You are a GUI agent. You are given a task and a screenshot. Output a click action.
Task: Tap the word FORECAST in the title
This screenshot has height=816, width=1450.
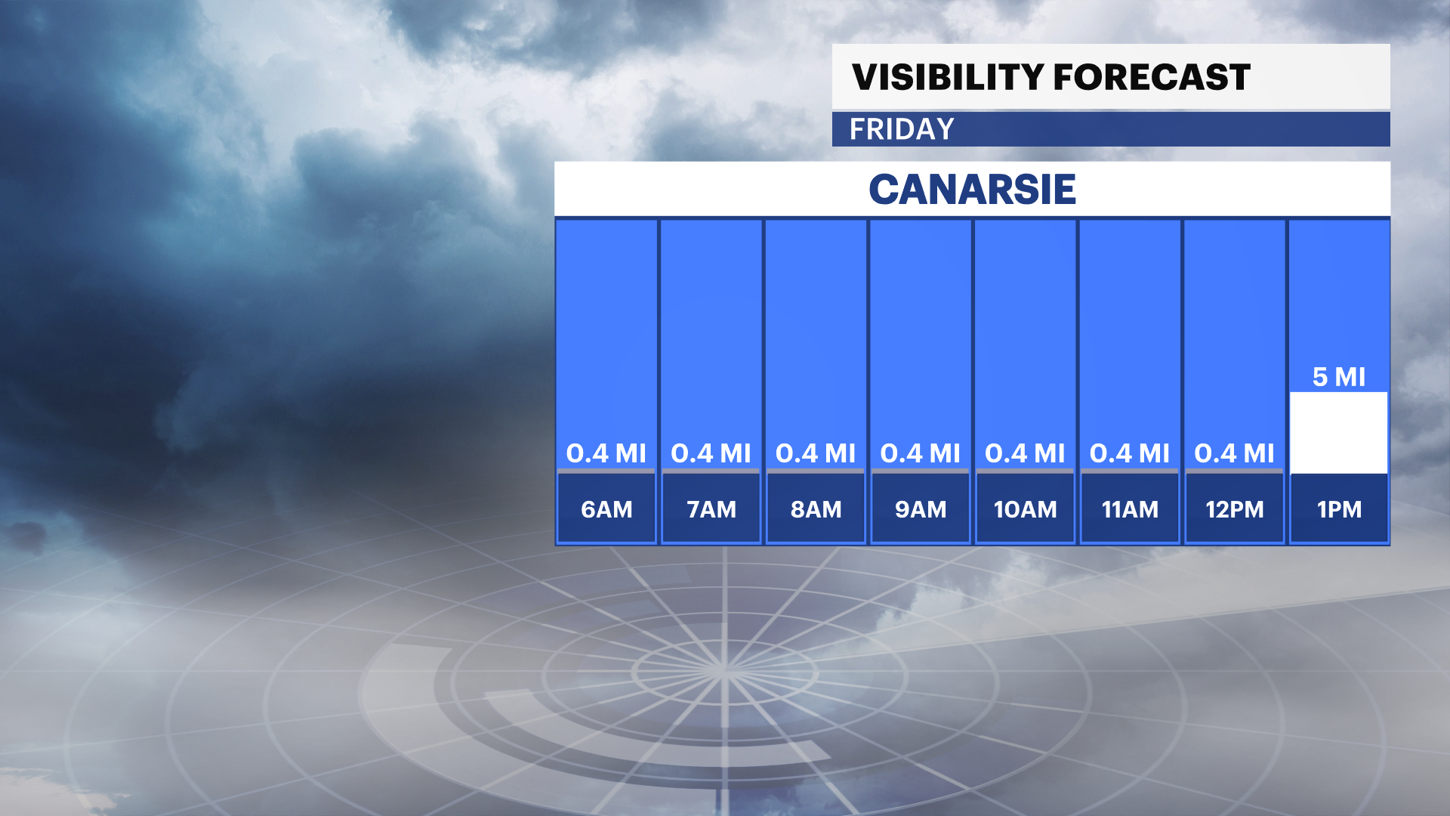[x=1152, y=77]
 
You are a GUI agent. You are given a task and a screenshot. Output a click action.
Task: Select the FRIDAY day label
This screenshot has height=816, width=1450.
[x=902, y=129]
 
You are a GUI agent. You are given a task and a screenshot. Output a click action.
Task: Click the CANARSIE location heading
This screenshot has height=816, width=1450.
[x=973, y=189]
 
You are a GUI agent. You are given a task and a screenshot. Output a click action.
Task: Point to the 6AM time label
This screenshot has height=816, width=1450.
[x=606, y=509]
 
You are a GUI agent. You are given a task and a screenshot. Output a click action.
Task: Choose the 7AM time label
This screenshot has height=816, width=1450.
[x=711, y=509]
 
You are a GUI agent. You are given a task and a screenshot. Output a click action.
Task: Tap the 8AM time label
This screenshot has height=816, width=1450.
[x=816, y=509]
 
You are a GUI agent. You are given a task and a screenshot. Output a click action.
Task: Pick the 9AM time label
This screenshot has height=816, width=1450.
[x=921, y=509]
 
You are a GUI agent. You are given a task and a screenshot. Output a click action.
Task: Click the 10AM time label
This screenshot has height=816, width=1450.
[x=1025, y=509]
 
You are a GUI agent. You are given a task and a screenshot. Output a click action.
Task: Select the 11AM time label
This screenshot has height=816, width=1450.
[x=1130, y=509]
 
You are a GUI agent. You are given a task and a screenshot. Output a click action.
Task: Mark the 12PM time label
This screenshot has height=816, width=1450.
[x=1235, y=509]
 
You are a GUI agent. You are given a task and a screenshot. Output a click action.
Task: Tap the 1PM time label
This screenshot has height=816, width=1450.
[x=1339, y=509]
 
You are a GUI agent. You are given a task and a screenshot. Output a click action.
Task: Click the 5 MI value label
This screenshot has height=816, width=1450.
[x=1339, y=376]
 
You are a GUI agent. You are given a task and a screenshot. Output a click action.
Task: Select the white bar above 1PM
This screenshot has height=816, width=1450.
[x=1339, y=433]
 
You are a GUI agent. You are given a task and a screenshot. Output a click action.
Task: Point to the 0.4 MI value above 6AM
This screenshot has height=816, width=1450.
[x=606, y=453]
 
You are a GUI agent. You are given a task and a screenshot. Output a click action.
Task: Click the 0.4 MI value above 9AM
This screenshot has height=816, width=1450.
[x=921, y=453]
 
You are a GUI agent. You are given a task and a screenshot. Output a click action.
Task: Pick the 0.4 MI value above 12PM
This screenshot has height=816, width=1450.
[x=1235, y=453]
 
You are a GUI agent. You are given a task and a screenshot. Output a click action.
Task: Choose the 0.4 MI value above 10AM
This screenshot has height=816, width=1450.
[x=1025, y=453]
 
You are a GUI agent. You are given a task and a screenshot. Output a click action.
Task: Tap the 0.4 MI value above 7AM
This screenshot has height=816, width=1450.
[x=711, y=453]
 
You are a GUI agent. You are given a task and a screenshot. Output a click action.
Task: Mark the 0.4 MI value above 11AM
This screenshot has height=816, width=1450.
[x=1130, y=453]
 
